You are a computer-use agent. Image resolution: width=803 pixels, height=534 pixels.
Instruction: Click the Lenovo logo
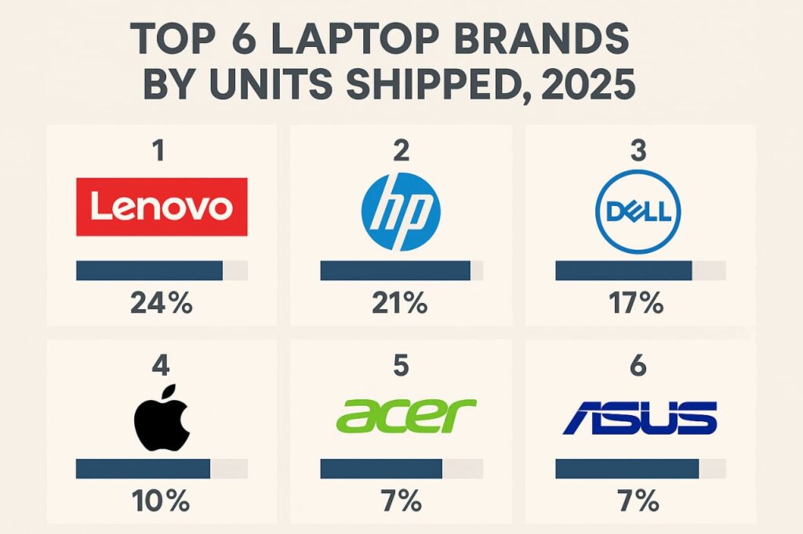click(x=162, y=207)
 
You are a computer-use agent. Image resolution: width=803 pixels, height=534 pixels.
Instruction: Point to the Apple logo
click(x=161, y=417)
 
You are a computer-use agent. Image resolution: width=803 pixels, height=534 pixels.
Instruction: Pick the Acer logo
click(x=401, y=417)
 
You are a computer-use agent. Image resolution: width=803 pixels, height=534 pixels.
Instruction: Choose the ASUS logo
click(x=640, y=417)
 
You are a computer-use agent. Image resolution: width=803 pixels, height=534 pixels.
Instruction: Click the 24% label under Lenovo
click(x=161, y=303)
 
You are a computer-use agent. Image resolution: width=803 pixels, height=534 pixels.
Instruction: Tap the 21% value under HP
click(x=401, y=303)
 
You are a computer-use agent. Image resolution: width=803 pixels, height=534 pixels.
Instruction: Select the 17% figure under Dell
click(x=637, y=303)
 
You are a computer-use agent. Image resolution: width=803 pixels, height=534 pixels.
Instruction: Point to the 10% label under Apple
click(x=161, y=500)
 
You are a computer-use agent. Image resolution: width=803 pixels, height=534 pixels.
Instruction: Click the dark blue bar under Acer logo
click(x=381, y=468)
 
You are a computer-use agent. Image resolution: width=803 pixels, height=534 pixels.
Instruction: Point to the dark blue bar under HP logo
click(x=395, y=271)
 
